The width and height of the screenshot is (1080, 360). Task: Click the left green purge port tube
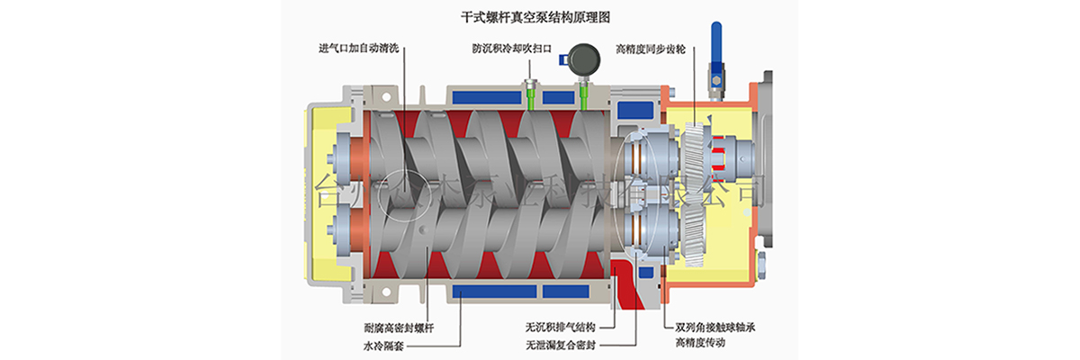point(532,100)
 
